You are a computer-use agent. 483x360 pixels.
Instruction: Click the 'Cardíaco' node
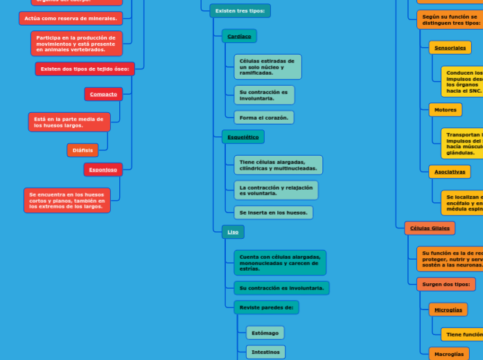[239, 36]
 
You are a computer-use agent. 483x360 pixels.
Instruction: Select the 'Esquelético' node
[243, 137]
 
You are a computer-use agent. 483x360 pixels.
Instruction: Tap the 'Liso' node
[233, 232]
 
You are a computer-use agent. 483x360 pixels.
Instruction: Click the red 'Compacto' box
[103, 94]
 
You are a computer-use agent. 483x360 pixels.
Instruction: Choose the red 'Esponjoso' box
[103, 170]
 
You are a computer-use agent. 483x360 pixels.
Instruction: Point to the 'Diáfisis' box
[82, 150]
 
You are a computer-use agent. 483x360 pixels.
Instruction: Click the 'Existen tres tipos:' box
[240, 11]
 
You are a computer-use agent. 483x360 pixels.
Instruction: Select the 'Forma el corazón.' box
[263, 118]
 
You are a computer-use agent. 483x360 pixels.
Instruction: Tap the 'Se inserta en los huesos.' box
[273, 213]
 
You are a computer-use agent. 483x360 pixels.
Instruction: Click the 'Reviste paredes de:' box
[266, 307]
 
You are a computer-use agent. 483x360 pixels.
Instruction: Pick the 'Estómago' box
[265, 333]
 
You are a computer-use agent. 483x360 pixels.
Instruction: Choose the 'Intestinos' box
[265, 352]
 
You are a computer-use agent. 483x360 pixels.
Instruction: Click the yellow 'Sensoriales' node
[450, 48]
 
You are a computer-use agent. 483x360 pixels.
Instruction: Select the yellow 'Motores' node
[445, 110]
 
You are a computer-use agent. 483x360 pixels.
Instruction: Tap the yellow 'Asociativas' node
[449, 172]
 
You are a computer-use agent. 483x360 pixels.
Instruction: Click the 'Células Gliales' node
[430, 228]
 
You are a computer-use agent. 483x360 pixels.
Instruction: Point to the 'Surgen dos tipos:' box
[446, 284]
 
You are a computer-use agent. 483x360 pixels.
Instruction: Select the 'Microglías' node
[448, 309]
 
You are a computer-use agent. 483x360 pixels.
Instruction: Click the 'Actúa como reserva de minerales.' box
[71, 19]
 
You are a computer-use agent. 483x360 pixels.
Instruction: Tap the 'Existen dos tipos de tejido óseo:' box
[85, 69]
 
